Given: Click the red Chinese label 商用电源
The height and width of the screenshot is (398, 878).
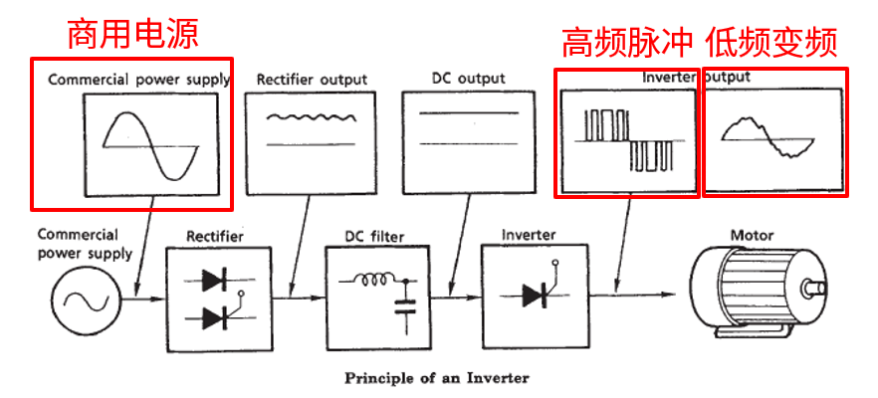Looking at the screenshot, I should coord(132,34).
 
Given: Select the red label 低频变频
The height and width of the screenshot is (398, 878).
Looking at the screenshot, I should coord(771,41).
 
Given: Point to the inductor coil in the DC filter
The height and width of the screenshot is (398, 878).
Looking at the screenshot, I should coord(376,280).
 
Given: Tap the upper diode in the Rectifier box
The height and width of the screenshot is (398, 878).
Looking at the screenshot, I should coord(215,280).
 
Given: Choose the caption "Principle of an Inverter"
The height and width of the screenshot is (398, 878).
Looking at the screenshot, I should coord(437,378).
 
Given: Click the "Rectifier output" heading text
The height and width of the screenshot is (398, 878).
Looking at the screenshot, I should coord(312,79).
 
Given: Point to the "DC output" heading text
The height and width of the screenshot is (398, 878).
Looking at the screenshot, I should coord(468,78).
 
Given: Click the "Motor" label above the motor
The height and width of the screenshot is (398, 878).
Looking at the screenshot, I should coord(753,236).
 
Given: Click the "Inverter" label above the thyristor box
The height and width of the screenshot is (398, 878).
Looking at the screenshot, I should coord(529,235).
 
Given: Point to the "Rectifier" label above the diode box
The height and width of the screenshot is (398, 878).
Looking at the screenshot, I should coord(214,236).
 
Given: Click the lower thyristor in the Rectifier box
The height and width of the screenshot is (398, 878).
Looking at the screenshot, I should coord(216,317).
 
